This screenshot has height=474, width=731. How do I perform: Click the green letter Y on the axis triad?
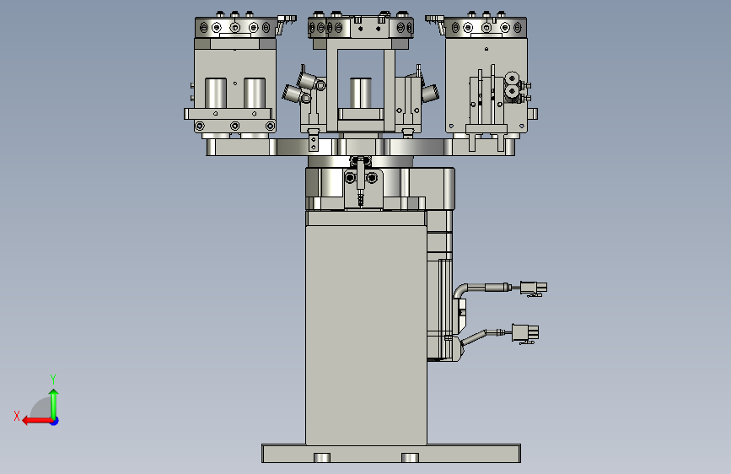tap(53, 379)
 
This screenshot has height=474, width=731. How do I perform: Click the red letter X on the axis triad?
tap(17, 416)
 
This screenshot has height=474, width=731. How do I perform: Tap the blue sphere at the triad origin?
tap(55, 421)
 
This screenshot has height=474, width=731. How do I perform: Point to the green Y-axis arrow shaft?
tap(54, 406)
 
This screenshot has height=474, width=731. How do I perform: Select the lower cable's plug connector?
tap(525, 334)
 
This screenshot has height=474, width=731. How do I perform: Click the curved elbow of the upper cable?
tap(461, 291)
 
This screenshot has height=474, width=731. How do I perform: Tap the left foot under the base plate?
tap(322, 458)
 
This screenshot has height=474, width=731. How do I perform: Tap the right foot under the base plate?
tap(410, 458)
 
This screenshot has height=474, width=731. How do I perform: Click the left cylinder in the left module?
tap(216, 94)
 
